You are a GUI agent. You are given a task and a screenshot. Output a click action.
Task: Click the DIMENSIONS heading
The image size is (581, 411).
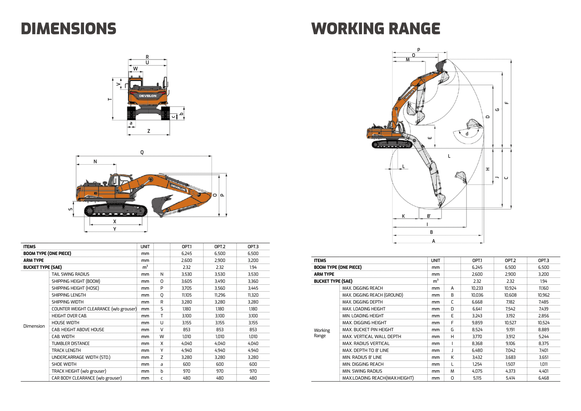(x=69, y=29)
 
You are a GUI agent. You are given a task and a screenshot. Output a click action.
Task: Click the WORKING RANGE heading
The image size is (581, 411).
(x=376, y=29)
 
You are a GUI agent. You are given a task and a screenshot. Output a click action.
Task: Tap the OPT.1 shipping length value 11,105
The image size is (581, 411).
(x=187, y=295)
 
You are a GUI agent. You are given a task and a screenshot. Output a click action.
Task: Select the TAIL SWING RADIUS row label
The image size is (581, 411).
(x=70, y=274)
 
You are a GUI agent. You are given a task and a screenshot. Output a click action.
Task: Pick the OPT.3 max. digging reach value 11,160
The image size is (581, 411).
(x=543, y=288)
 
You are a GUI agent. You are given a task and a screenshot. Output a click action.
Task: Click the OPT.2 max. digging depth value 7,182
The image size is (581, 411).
(x=510, y=302)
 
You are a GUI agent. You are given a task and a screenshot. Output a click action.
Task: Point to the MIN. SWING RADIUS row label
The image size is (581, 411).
(x=362, y=371)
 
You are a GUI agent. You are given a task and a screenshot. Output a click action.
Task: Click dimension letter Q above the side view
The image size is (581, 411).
(x=142, y=152)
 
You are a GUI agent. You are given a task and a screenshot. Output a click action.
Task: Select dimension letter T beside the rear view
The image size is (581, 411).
(x=110, y=99)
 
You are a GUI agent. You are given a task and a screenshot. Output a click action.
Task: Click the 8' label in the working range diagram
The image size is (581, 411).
(x=429, y=216)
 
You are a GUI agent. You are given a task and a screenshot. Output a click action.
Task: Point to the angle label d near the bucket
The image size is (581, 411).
(x=467, y=134)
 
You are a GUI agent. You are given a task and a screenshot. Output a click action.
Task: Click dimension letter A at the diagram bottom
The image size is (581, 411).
(x=433, y=241)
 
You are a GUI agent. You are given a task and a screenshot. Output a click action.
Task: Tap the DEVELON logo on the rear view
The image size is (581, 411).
(x=148, y=96)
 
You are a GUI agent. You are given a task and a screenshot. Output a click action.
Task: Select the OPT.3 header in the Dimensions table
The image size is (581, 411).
(x=253, y=247)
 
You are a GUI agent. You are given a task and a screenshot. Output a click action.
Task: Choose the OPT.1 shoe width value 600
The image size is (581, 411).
(x=187, y=364)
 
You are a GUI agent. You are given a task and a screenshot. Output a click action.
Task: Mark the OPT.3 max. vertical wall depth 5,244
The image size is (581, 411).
(x=543, y=337)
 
